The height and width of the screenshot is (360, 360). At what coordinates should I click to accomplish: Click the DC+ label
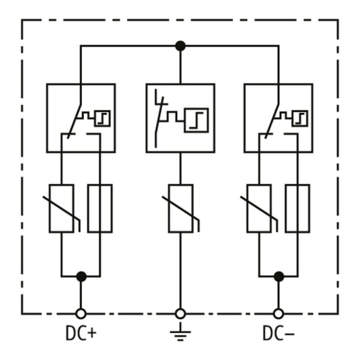[x=81, y=333]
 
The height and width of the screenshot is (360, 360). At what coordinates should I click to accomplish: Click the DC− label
[x=278, y=333]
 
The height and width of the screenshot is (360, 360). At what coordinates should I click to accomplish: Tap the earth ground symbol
[x=180, y=332]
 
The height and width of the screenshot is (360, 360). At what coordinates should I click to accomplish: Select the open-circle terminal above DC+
[x=81, y=314]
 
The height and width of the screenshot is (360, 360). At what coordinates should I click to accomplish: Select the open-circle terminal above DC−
[x=278, y=314]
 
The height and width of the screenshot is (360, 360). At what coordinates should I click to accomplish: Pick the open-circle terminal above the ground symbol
[x=180, y=314]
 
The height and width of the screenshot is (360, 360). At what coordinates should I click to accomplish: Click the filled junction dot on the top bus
[x=180, y=46]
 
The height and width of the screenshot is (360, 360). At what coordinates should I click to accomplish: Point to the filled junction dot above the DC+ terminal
[x=81, y=276]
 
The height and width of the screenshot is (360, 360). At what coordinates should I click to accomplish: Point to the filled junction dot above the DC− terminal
[x=279, y=276]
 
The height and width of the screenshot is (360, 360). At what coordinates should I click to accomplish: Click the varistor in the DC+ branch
[x=61, y=208]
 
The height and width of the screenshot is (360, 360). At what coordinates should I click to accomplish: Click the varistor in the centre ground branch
[x=180, y=208]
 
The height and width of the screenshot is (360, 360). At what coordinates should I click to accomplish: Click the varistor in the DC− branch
[x=259, y=208]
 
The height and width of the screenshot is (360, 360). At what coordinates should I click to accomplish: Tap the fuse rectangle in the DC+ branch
[x=100, y=208]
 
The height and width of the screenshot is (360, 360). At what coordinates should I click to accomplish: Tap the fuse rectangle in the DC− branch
[x=298, y=208]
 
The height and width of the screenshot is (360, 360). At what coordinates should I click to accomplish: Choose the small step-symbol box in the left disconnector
[x=102, y=118]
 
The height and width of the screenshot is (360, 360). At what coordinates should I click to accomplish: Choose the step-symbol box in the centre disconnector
[x=196, y=120]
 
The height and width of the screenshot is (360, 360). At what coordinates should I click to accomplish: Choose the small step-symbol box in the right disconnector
[x=300, y=118]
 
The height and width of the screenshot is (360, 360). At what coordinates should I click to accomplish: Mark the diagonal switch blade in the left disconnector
[x=74, y=121]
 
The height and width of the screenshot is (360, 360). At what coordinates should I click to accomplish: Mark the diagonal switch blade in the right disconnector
[x=272, y=121]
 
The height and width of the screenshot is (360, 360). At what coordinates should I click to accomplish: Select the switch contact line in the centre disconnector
[x=159, y=122]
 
